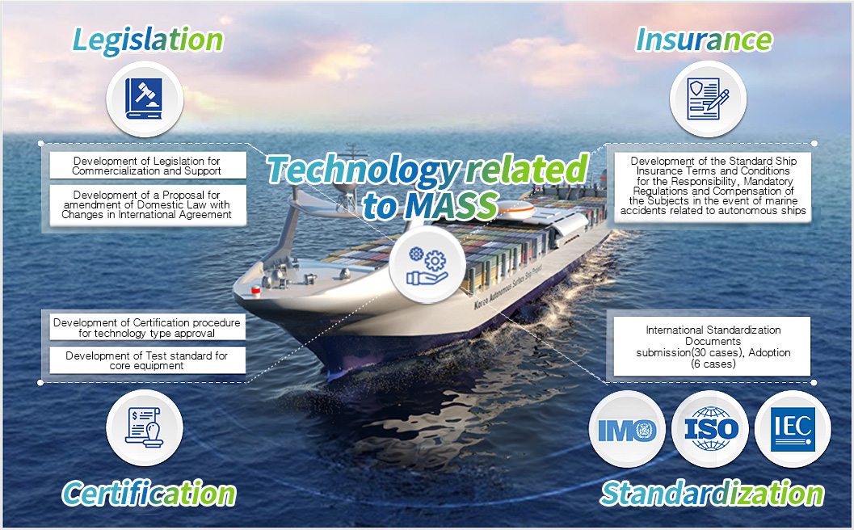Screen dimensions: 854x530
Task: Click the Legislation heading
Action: (x=148, y=41)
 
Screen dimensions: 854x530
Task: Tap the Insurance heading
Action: (x=704, y=40)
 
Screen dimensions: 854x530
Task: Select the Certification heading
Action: (x=149, y=494)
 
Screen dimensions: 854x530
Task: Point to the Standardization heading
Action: (x=712, y=494)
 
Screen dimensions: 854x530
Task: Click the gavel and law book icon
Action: (x=145, y=99)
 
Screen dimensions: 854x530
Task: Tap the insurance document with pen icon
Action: (x=708, y=99)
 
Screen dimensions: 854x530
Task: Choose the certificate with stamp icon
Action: (x=145, y=427)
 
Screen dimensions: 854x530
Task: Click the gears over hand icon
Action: (x=427, y=265)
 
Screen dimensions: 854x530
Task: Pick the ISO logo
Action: (x=710, y=429)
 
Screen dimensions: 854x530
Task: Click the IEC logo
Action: (x=793, y=429)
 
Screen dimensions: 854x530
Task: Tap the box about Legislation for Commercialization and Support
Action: (x=148, y=166)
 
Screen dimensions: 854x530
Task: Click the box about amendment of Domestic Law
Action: (x=148, y=205)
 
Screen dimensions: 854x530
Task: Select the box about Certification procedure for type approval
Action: (x=148, y=327)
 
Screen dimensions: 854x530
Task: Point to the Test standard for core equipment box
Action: (x=148, y=360)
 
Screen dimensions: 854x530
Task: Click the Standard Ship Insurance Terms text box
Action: (x=713, y=187)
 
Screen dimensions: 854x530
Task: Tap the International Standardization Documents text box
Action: (x=713, y=347)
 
